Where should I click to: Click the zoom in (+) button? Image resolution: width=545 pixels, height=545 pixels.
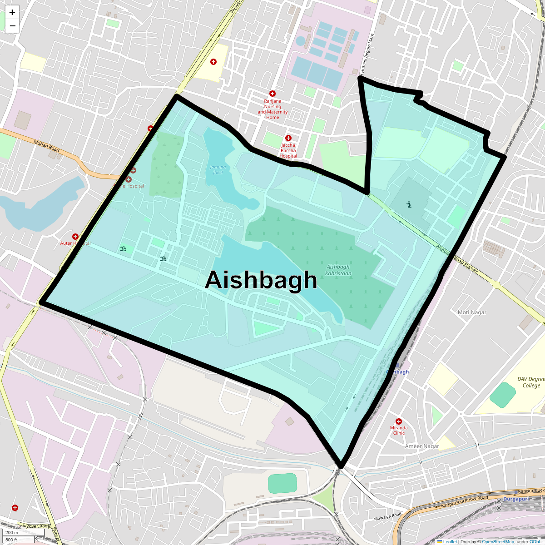point(12,13)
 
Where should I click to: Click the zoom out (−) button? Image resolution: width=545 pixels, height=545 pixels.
point(12,26)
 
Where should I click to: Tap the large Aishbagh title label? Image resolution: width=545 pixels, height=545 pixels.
point(261,280)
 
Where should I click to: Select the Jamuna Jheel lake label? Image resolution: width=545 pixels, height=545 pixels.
point(218,169)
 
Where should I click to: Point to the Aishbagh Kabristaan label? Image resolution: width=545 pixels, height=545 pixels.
point(338,270)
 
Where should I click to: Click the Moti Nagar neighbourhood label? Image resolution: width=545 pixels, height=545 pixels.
point(472,312)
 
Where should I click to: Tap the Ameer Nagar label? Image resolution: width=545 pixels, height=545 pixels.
point(422,446)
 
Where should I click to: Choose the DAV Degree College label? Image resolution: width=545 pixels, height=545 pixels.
point(531,382)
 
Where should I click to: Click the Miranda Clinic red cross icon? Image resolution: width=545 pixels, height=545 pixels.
point(399,421)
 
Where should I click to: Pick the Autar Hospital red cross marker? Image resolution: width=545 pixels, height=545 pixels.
point(75,237)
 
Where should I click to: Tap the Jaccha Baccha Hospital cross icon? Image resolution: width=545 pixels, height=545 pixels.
point(288,138)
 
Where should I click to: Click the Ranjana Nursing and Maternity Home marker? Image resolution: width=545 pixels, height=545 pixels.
point(272,94)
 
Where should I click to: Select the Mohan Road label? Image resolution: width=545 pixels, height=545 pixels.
point(46,146)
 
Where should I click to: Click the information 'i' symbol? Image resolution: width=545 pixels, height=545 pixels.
point(409,204)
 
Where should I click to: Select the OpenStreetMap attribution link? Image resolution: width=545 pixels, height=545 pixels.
point(498,541)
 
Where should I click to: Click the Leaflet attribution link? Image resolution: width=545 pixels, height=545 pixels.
point(450,541)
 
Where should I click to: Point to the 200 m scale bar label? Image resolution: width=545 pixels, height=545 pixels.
point(12,533)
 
